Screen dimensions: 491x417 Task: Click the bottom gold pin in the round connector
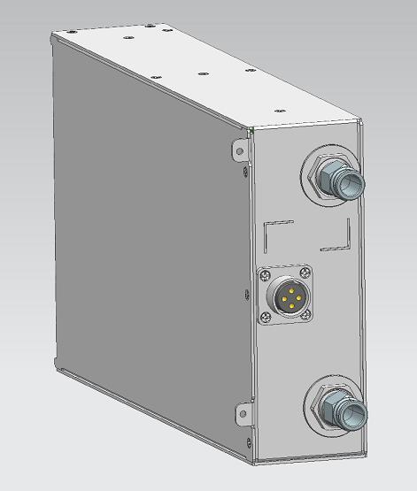coord(291,307)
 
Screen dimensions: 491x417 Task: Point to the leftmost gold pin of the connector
coord(282,299)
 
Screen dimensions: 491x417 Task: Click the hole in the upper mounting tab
coord(238,150)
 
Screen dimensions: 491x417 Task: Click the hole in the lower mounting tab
coord(239,412)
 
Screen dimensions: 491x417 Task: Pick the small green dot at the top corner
coord(252,131)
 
